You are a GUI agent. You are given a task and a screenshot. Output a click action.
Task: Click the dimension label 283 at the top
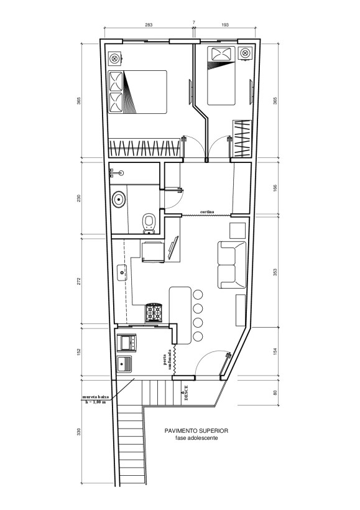pyautogui.click(x=149, y=25)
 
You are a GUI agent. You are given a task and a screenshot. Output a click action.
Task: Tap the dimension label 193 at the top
pyautogui.click(x=225, y=25)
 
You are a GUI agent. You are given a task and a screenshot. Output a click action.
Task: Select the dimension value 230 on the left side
pyautogui.click(x=78, y=198)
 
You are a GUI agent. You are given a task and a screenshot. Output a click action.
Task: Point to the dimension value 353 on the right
pyautogui.click(x=275, y=272)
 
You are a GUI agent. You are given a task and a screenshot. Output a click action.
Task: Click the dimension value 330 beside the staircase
pyautogui.click(x=78, y=432)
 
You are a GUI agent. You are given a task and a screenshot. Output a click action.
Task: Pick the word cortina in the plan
pyautogui.click(x=207, y=212)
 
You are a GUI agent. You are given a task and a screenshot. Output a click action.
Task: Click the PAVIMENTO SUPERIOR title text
pyautogui.click(x=196, y=430)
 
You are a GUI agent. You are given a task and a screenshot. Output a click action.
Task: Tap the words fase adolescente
pyautogui.click(x=196, y=438)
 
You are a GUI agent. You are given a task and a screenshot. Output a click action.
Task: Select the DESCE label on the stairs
pyautogui.click(x=186, y=393)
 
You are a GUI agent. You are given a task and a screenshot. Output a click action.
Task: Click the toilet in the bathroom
pyautogui.click(x=149, y=224)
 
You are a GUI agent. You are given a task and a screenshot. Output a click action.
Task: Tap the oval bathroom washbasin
pyautogui.click(x=119, y=199)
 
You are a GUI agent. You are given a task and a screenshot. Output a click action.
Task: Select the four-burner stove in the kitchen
pyautogui.click(x=154, y=312)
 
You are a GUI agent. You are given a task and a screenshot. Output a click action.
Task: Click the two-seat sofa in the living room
pyautogui.click(x=232, y=265)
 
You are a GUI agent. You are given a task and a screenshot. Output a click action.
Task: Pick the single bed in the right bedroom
pyautogui.click(x=221, y=76)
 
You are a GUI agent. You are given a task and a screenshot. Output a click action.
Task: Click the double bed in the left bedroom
pyautogui.click(x=137, y=92)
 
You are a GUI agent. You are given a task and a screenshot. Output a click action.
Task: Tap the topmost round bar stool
pyautogui.click(x=198, y=295)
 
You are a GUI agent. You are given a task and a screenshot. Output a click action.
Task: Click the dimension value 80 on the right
pyautogui.click(x=275, y=392)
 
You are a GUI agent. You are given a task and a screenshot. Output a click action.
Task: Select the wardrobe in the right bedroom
pyautogui.click(x=242, y=139)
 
